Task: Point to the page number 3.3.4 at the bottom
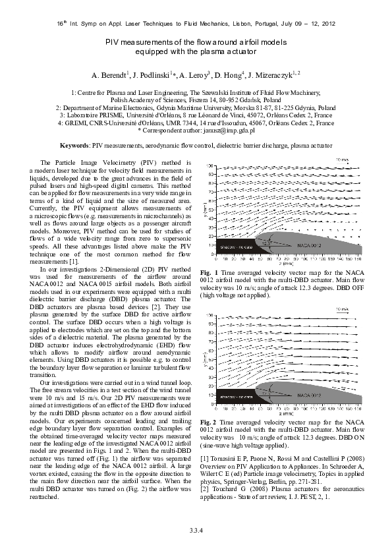pyautogui.click(x=196, y=531)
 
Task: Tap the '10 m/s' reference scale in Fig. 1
pyautogui.click(x=343, y=160)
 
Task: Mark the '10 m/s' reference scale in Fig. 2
pyautogui.click(x=343, y=308)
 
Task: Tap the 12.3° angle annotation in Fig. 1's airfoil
pyautogui.click(x=266, y=243)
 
